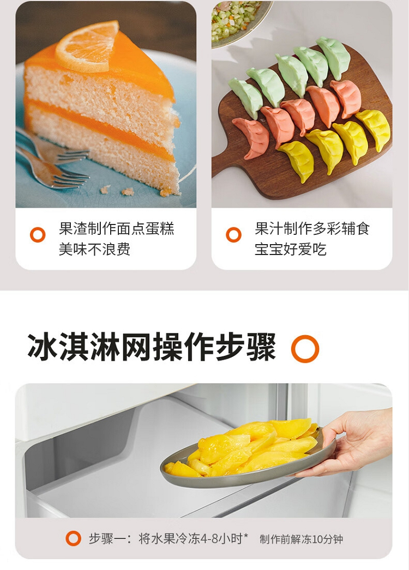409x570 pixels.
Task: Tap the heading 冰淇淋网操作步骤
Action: click(x=152, y=348)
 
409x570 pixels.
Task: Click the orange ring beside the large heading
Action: click(x=305, y=349)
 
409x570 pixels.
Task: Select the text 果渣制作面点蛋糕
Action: click(x=117, y=229)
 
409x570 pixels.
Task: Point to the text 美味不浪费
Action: click(x=94, y=250)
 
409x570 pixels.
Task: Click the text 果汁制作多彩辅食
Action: click(x=312, y=229)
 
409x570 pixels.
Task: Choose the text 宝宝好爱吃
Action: click(x=290, y=250)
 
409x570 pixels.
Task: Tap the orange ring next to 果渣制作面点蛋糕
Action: click(x=38, y=235)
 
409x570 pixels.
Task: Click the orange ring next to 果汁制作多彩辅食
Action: click(x=233, y=235)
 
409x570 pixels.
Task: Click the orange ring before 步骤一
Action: click(x=73, y=538)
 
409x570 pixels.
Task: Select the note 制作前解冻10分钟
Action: click(x=301, y=539)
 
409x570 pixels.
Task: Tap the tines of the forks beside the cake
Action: click(x=73, y=167)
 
